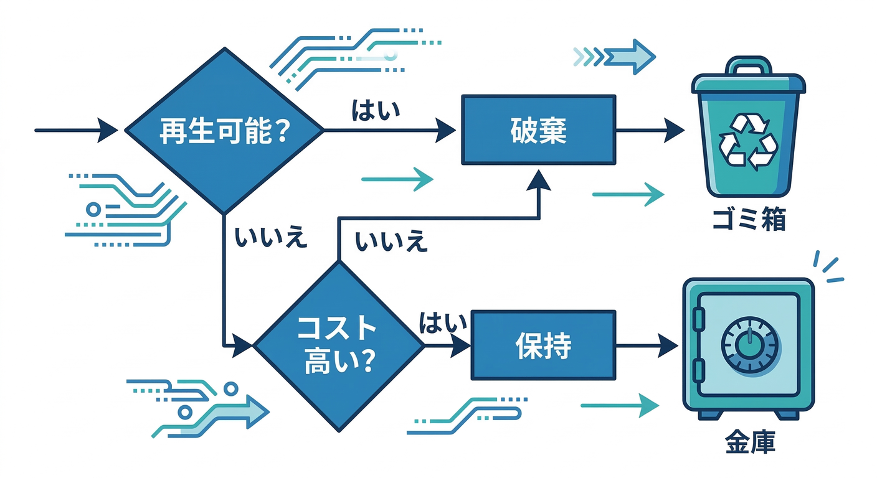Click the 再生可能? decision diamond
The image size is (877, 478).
coord(224,131)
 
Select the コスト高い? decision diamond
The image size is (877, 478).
coord(339,345)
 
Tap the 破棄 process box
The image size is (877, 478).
coord(538,130)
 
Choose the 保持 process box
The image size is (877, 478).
coord(543,345)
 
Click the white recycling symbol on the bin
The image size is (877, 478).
coord(748,141)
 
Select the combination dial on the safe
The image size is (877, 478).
coord(750,343)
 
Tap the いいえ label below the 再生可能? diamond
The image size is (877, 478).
coord(271,238)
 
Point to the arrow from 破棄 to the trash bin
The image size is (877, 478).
coord(650,131)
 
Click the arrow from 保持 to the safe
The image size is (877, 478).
coord(648,345)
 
